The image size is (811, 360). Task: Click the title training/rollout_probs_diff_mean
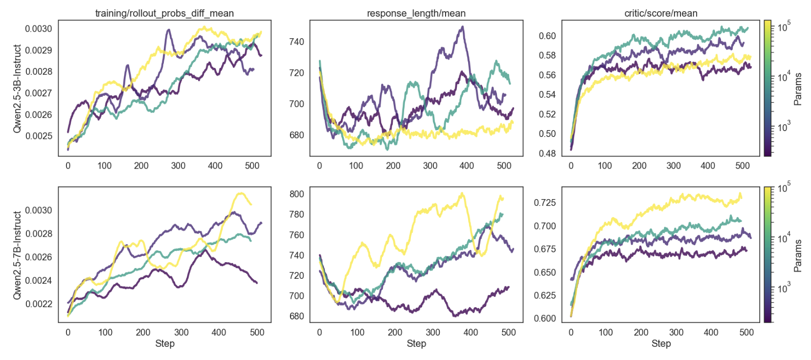164,13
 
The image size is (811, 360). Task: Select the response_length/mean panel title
416,13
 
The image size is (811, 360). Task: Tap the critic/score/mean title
661,13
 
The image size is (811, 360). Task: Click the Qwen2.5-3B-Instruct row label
18,89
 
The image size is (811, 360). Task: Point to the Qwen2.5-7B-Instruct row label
18,255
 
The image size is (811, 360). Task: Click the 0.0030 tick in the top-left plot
39,29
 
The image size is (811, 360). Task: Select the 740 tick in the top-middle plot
296,42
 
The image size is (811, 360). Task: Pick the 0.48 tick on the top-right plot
547,153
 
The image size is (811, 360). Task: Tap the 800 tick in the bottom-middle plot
296,194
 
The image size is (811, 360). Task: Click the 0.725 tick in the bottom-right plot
545,202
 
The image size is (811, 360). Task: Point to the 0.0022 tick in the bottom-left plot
39,304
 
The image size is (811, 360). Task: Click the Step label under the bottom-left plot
165,343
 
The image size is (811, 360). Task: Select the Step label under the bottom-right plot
661,343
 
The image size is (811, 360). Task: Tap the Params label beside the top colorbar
798,89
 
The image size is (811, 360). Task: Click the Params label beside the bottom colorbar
798,255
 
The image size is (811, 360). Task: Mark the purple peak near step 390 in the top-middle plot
462,27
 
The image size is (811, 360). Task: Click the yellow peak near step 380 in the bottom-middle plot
462,194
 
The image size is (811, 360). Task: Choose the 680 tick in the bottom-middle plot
296,316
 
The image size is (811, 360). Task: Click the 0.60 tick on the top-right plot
547,36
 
